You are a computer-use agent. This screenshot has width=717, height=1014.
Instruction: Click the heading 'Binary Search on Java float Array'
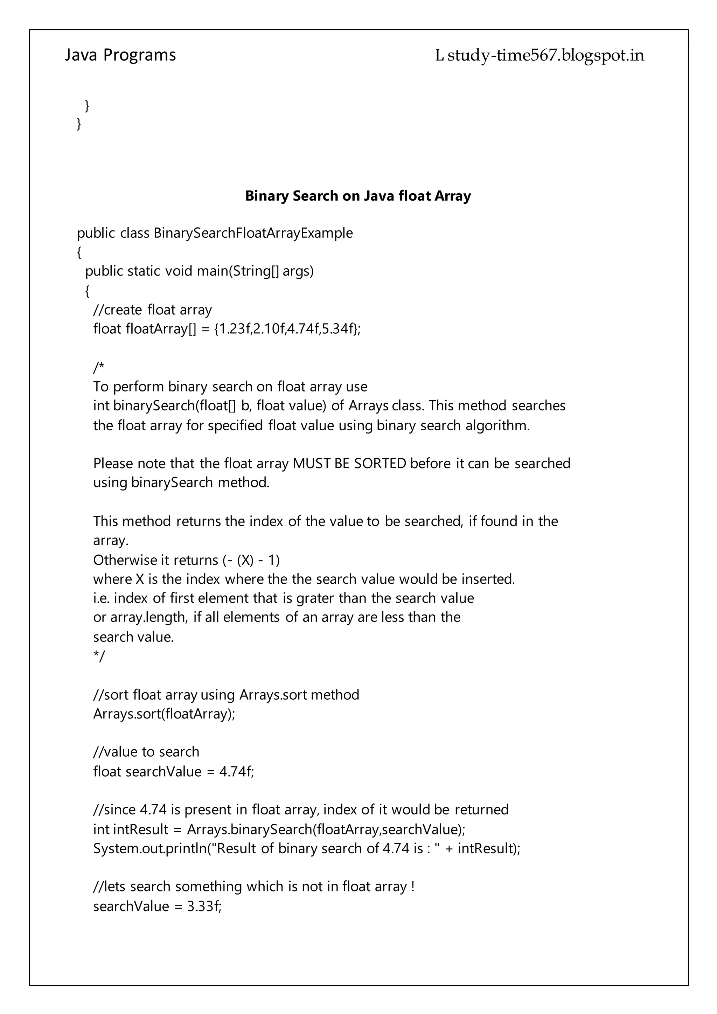tap(358, 196)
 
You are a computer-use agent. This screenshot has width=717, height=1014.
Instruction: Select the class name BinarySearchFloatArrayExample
tap(253, 233)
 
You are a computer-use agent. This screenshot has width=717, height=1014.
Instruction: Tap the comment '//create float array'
tap(152, 310)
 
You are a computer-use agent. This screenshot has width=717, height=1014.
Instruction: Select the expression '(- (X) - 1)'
tap(250, 560)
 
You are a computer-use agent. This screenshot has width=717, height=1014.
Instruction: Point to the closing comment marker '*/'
tap(99, 656)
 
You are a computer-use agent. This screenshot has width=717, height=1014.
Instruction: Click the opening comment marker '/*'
tap(99, 367)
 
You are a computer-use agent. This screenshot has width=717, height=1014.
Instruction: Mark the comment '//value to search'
tap(146, 752)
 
